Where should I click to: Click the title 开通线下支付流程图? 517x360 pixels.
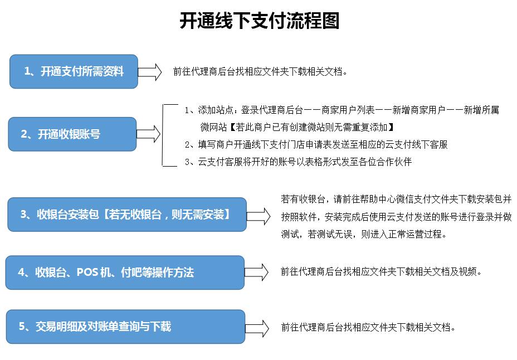pyautogui.click(x=259, y=21)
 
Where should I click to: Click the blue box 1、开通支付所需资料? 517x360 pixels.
pyautogui.click(x=74, y=71)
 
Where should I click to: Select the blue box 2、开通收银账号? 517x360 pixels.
pyautogui.click(x=72, y=134)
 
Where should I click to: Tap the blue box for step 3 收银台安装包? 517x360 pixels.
pyautogui.click(x=127, y=215)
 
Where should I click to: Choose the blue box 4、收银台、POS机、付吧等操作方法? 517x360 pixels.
pyautogui.click(x=125, y=273)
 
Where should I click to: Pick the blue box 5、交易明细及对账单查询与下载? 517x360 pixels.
pyautogui.click(x=125, y=327)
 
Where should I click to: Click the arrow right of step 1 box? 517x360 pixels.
pyautogui.click(x=150, y=72)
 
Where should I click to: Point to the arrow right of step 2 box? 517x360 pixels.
pyautogui.click(x=148, y=134)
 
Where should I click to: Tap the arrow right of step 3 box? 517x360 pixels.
pyautogui.click(x=258, y=216)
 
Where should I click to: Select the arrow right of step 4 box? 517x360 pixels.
pyautogui.click(x=256, y=273)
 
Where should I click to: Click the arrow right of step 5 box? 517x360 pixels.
pyautogui.click(x=257, y=328)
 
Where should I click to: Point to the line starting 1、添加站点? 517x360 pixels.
pyautogui.click(x=342, y=110)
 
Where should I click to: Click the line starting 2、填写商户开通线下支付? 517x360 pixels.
pyautogui.click(x=316, y=144)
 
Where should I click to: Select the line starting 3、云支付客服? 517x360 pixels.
pyautogui.click(x=299, y=162)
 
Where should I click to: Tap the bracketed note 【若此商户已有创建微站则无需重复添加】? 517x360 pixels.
pyautogui.click(x=311, y=127)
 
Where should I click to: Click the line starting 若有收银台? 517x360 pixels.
pyautogui.click(x=396, y=199)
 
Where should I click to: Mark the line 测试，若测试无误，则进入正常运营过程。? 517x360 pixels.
pyautogui.click(x=364, y=234)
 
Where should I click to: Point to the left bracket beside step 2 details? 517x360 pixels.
pyautogui.click(x=163, y=135)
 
